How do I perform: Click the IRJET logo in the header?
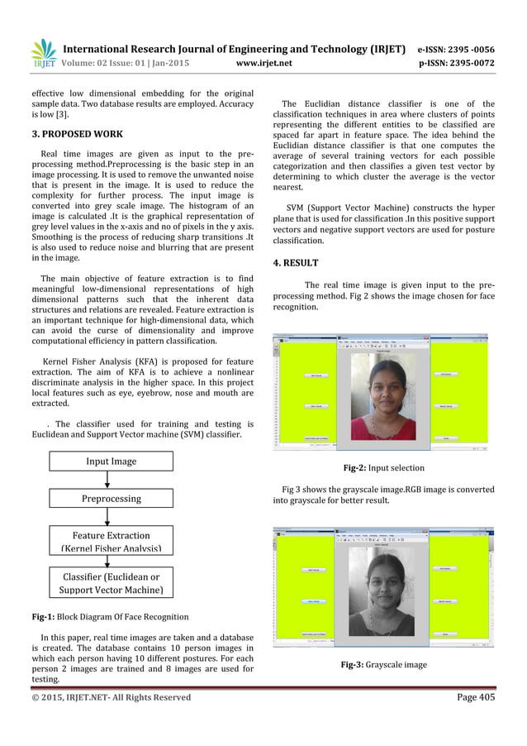(x=40, y=52)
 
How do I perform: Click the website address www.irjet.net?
(x=263, y=61)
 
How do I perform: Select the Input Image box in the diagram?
(x=110, y=461)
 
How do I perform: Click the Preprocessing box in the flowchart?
(x=110, y=499)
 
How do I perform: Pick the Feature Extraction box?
(x=110, y=542)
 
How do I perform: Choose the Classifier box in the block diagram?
(x=110, y=583)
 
